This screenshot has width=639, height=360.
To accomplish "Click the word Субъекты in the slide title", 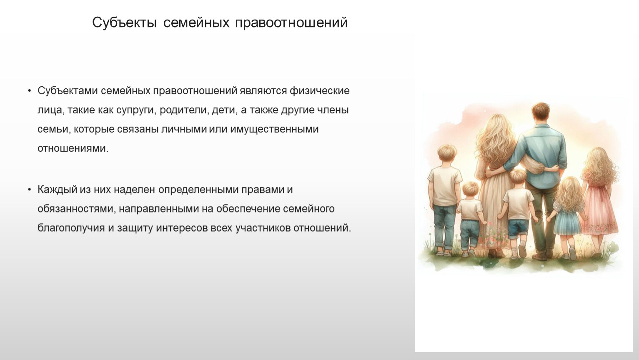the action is tap(124, 22).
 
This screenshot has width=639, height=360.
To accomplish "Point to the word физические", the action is tap(319, 91).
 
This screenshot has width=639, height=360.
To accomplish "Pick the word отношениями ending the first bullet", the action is tap(73, 149).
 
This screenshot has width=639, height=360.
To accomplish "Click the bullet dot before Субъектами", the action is tap(29, 91).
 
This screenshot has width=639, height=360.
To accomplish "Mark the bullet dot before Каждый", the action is tap(29, 190).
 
